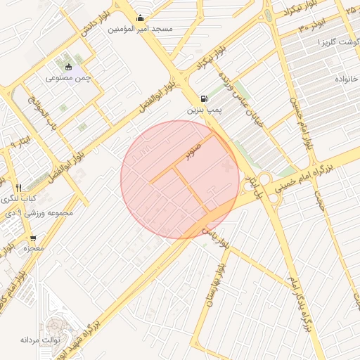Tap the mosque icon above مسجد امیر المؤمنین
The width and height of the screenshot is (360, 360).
pyautogui.click(x=141, y=18)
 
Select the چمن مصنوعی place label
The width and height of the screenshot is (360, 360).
pyautogui.click(x=68, y=78)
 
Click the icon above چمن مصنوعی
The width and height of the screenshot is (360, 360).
pyautogui.click(x=68, y=67)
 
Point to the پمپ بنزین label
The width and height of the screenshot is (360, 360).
pyautogui.click(x=204, y=110)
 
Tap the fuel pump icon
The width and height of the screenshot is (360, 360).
pyautogui.click(x=204, y=99)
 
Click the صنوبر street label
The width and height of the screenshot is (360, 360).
pyautogui.click(x=193, y=149)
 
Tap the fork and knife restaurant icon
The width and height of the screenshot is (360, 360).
pyautogui.click(x=18, y=188)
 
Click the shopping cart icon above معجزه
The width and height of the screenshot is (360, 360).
pyautogui.click(x=33, y=239)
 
